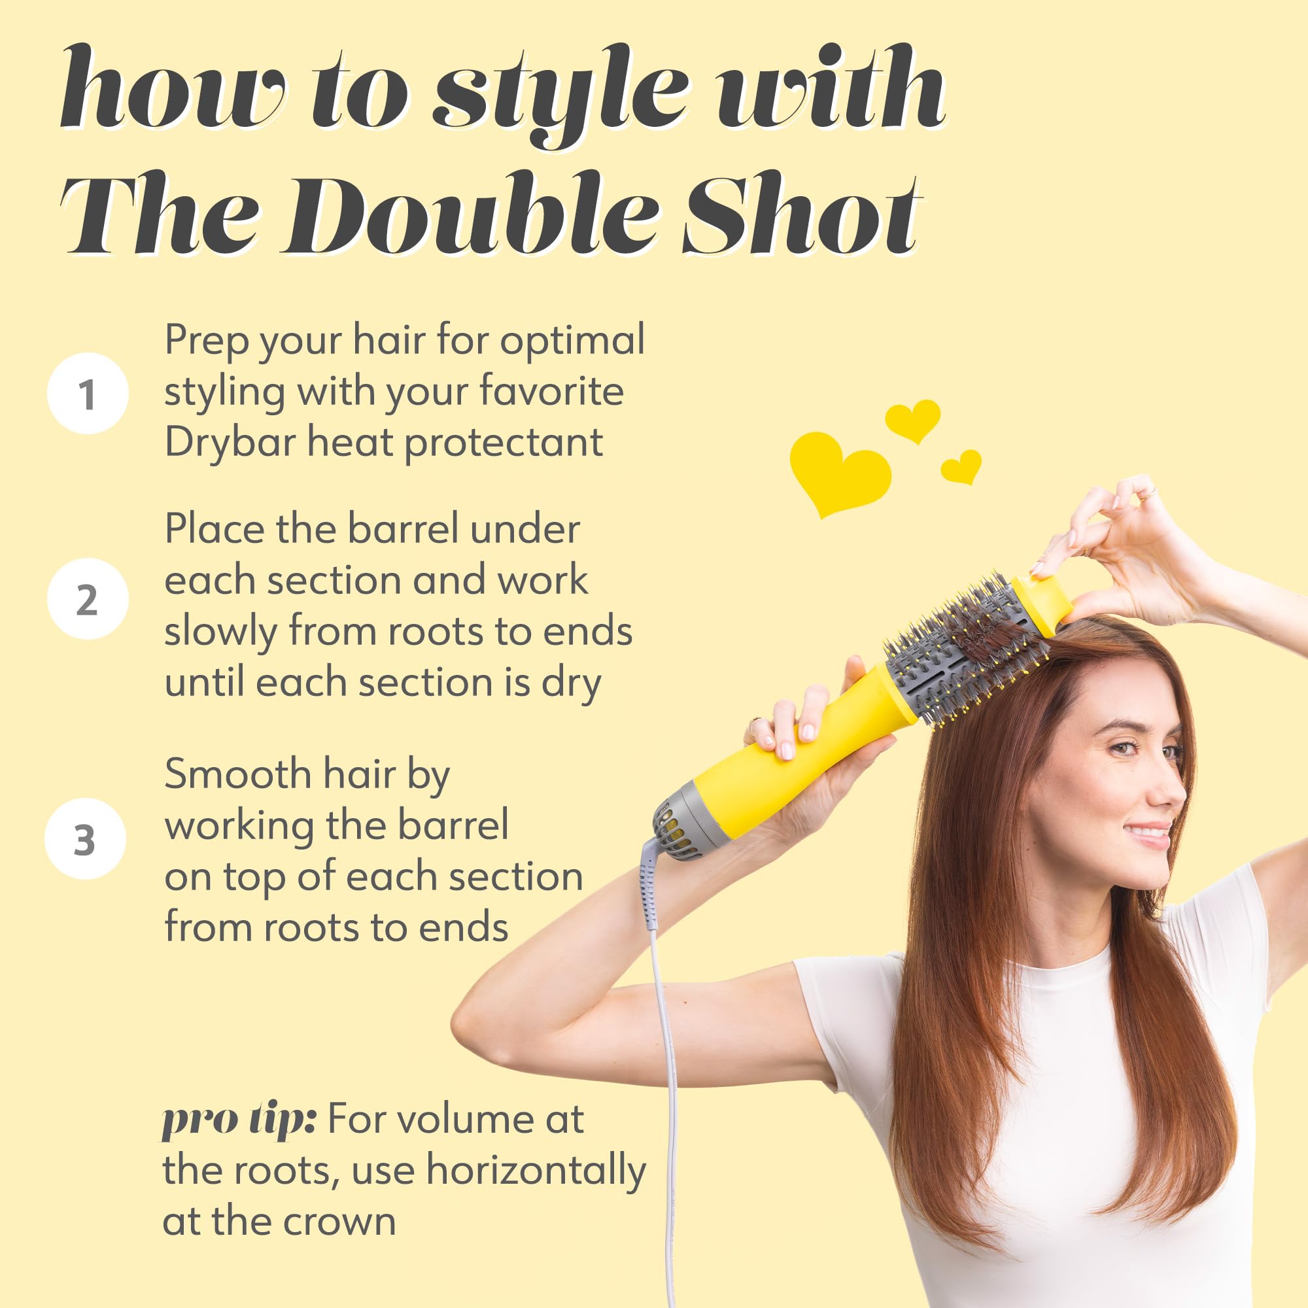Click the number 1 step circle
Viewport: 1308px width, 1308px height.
click(88, 393)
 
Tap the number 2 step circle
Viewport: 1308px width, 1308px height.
click(88, 599)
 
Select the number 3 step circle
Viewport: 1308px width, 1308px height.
click(85, 840)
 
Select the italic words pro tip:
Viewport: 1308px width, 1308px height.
click(239, 1119)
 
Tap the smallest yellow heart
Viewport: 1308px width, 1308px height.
click(962, 466)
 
